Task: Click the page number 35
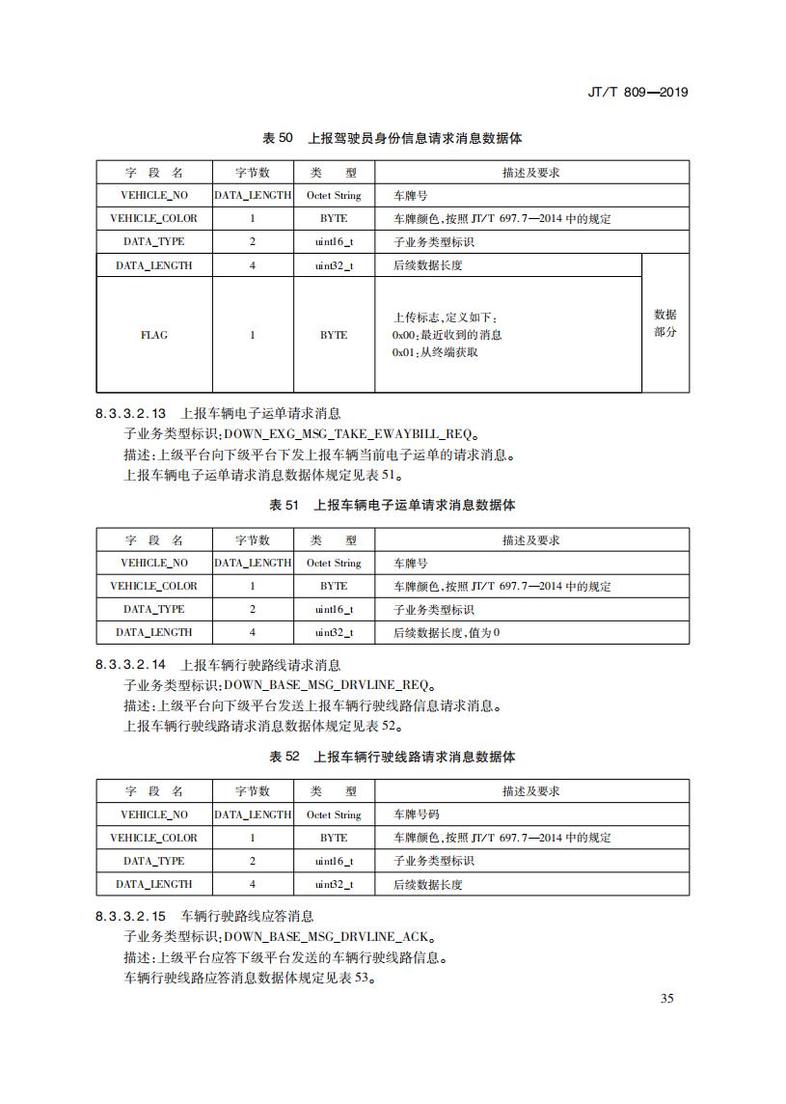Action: [666, 998]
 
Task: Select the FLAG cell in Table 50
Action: [153, 335]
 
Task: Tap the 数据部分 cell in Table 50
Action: [665, 323]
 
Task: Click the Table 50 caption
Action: [393, 138]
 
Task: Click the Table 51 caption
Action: [393, 505]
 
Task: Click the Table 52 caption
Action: [393, 757]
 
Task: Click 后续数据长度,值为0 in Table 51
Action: [447, 633]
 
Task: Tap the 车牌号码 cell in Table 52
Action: [417, 814]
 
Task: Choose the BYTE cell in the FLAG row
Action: [334, 335]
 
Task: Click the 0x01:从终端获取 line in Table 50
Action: [435, 352]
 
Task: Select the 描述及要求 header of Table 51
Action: [531, 540]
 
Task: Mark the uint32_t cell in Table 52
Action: [334, 884]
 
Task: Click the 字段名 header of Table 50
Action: [153, 173]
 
